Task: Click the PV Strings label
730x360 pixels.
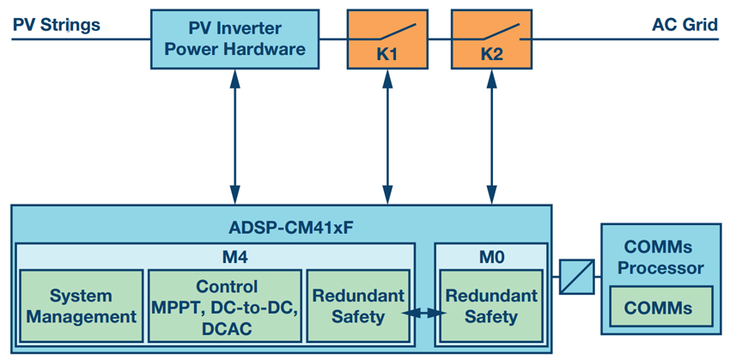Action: click(x=57, y=24)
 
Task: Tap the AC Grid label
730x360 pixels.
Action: click(x=684, y=24)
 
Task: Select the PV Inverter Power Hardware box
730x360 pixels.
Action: click(x=235, y=39)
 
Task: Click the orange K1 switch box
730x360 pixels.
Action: click(x=386, y=39)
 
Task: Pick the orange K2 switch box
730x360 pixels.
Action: click(x=491, y=39)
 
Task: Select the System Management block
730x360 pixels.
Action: click(x=81, y=306)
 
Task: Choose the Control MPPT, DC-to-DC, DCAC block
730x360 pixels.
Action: click(x=225, y=306)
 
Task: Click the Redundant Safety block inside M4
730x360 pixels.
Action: click(x=358, y=306)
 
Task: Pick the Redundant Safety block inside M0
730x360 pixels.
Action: click(x=491, y=306)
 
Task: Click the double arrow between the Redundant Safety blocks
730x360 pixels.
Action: click(x=424, y=314)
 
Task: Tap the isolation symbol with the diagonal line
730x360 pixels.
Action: click(x=577, y=277)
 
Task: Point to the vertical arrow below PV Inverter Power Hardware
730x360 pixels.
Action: click(x=235, y=137)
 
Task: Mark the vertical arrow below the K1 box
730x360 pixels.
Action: click(x=386, y=137)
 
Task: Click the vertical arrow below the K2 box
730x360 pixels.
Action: click(x=491, y=137)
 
